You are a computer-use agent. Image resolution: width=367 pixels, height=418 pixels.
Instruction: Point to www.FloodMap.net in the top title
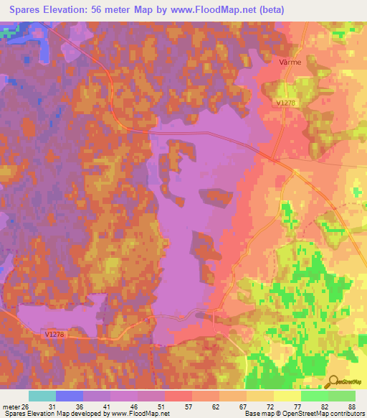pyautogui.click(x=221, y=10)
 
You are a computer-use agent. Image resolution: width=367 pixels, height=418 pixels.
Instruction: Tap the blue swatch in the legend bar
pyautogui.click(x=69, y=396)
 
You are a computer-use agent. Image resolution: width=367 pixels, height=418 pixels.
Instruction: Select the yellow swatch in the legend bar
pyautogui.click(x=287, y=396)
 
